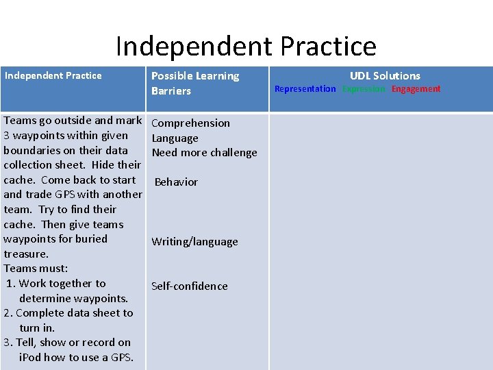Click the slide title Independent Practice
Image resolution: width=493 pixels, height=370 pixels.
tap(246, 46)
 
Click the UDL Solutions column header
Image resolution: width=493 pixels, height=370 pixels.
tap(385, 75)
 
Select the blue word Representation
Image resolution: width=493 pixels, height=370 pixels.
tap(305, 89)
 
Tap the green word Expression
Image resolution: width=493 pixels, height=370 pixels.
tap(364, 89)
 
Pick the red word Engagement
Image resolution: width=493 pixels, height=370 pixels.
tap(416, 89)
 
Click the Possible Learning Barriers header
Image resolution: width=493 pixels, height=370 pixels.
tap(194, 83)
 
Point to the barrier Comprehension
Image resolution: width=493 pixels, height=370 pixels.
tap(190, 123)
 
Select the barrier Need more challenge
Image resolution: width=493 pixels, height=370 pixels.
tap(204, 153)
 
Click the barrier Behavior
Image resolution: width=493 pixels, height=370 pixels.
tap(176, 182)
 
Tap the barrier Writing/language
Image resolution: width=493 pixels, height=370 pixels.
tap(194, 242)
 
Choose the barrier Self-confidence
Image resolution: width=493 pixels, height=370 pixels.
tap(189, 286)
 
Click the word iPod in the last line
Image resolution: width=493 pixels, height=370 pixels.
tap(30, 358)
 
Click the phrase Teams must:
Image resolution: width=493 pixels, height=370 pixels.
tap(36, 269)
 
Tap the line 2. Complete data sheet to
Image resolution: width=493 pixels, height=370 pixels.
tap(68, 313)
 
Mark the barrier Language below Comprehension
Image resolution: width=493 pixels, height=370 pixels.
tap(175, 138)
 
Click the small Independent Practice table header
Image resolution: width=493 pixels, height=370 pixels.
tap(53, 75)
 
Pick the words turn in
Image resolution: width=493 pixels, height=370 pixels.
tap(37, 328)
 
